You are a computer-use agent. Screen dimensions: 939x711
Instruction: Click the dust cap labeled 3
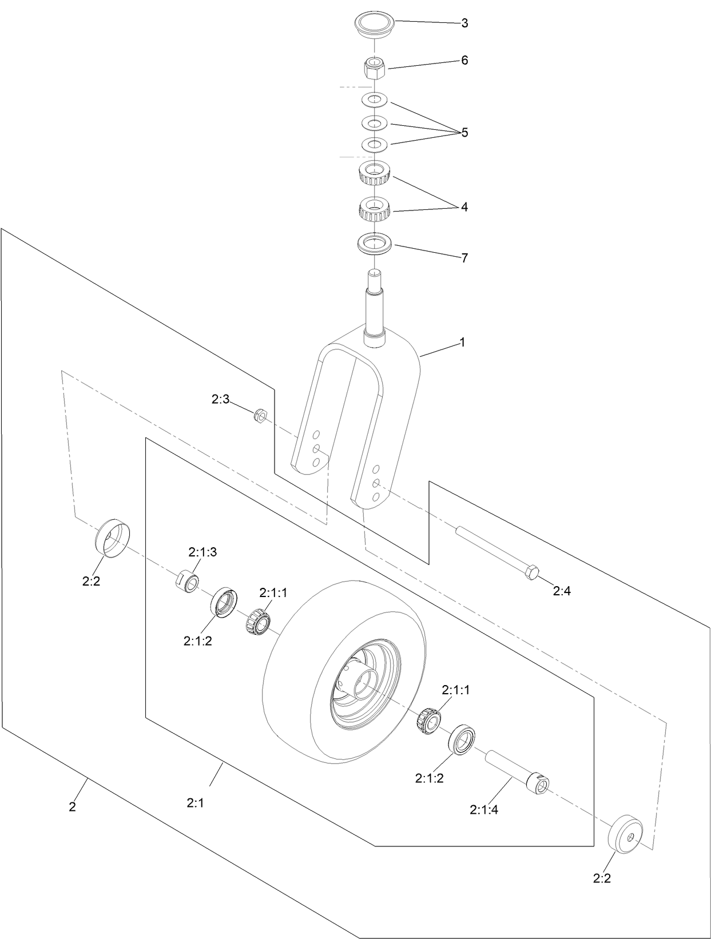[375, 26]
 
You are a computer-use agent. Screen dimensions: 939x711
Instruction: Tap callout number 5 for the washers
[464, 133]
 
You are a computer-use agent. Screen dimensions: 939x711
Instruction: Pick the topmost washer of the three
[375, 100]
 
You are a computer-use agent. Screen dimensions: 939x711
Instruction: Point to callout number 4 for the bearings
[464, 207]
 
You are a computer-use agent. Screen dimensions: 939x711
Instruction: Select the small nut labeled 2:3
[258, 414]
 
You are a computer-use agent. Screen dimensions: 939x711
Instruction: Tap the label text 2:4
[562, 592]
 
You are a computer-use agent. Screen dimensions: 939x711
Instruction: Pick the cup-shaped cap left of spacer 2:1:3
[112, 538]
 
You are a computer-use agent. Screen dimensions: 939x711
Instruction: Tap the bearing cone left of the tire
[258, 622]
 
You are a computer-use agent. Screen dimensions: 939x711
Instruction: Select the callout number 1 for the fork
[462, 343]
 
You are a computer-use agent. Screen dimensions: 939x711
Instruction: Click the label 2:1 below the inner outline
[195, 803]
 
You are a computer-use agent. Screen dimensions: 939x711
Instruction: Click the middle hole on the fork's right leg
[375, 483]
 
